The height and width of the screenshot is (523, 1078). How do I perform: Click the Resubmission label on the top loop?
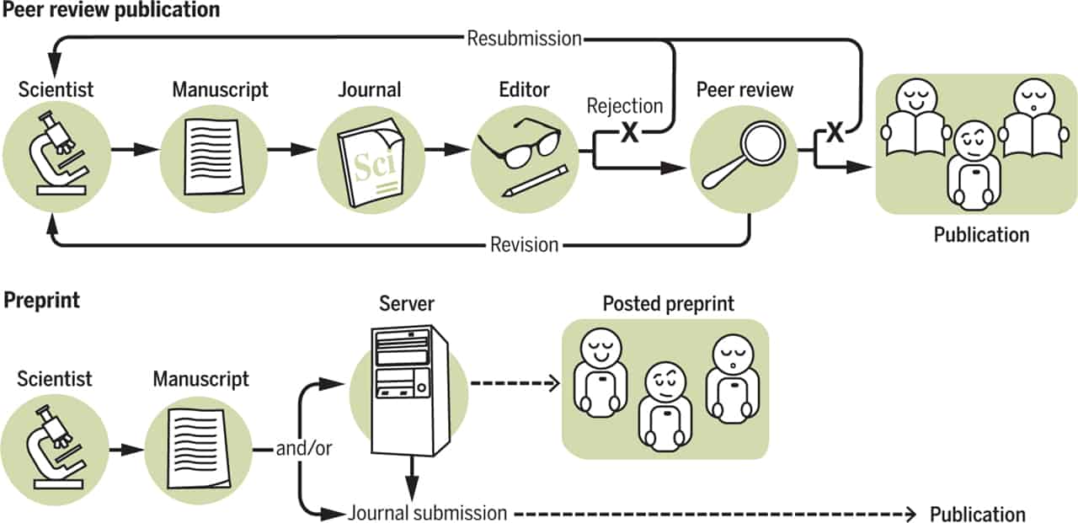[x=524, y=38]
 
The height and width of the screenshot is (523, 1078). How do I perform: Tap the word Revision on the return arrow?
[x=524, y=245]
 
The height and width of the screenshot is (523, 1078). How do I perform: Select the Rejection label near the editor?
[x=625, y=107]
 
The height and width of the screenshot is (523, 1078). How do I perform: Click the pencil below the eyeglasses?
[x=534, y=181]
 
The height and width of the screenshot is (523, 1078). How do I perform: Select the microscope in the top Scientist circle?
[x=56, y=156]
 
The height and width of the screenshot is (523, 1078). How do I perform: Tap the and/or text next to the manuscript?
[x=304, y=449]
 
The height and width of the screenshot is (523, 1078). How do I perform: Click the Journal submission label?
[x=427, y=513]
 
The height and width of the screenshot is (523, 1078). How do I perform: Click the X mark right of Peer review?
[x=834, y=133]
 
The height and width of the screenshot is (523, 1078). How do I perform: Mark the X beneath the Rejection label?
[x=628, y=133]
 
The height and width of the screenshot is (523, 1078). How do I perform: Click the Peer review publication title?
[x=111, y=11]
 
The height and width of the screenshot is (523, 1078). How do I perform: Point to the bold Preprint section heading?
[x=42, y=301]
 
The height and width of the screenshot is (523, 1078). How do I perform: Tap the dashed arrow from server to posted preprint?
[x=514, y=385]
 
